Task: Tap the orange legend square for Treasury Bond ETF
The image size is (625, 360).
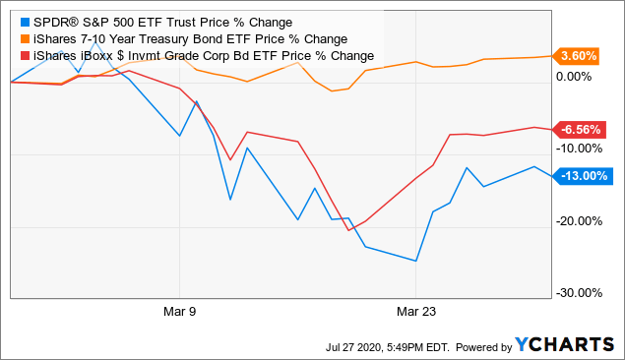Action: [x=23, y=38]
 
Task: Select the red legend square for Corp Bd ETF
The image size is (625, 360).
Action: [x=23, y=55]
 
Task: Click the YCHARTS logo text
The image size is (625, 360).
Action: [x=568, y=346]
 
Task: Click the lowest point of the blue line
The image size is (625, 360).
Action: [x=416, y=261]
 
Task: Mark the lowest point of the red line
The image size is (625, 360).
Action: [x=349, y=229]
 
